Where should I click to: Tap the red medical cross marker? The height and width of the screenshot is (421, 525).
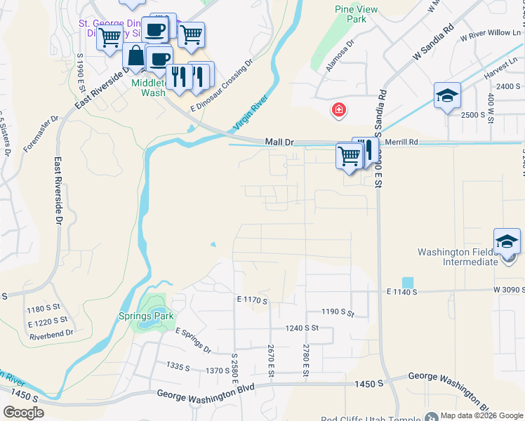(339, 110)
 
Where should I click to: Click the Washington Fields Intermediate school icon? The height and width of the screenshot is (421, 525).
(507, 242)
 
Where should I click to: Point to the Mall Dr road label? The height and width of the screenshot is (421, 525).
(279, 142)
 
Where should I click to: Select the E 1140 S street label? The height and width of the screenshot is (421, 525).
(402, 291)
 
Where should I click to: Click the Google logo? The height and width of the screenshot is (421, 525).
(24, 412)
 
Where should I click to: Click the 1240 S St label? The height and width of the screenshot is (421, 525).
(303, 328)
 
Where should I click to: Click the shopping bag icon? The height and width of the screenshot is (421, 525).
(135, 57)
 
